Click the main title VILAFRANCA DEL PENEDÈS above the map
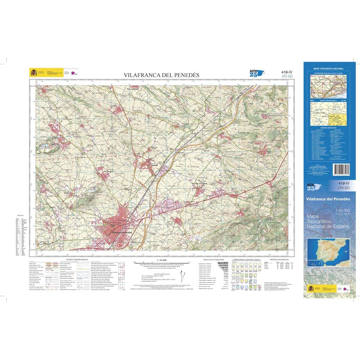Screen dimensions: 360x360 (162, 75)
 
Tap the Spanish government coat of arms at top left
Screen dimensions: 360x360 (33, 73)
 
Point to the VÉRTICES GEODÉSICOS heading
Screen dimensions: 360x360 (279, 259)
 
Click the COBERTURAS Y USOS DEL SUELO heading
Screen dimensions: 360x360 (244, 259)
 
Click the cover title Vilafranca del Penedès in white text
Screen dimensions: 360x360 (328, 199)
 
